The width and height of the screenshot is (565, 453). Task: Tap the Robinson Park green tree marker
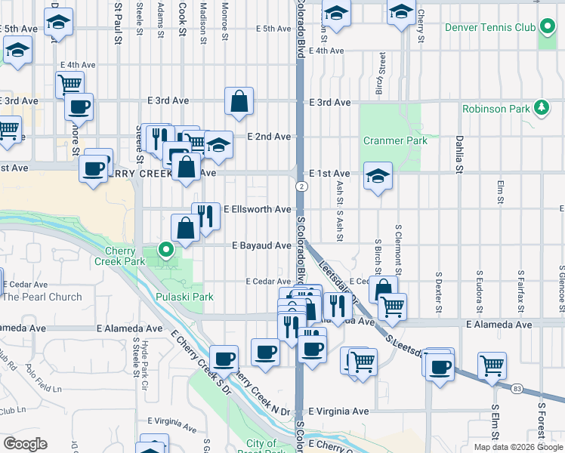click(x=541, y=109)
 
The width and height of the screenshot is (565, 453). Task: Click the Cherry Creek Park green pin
click(x=165, y=247)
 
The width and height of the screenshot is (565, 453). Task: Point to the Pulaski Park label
click(x=184, y=297)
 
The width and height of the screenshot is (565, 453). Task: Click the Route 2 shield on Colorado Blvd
click(x=301, y=186)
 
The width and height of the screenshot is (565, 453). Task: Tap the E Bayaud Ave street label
click(x=261, y=245)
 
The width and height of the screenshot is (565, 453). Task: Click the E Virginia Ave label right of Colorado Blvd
click(x=338, y=411)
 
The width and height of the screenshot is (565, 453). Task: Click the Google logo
click(x=25, y=444)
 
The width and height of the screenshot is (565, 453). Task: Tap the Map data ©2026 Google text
click(x=517, y=447)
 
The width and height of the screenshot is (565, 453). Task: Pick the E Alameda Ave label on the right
click(x=499, y=325)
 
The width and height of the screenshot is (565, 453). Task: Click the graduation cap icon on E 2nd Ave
click(x=218, y=144)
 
